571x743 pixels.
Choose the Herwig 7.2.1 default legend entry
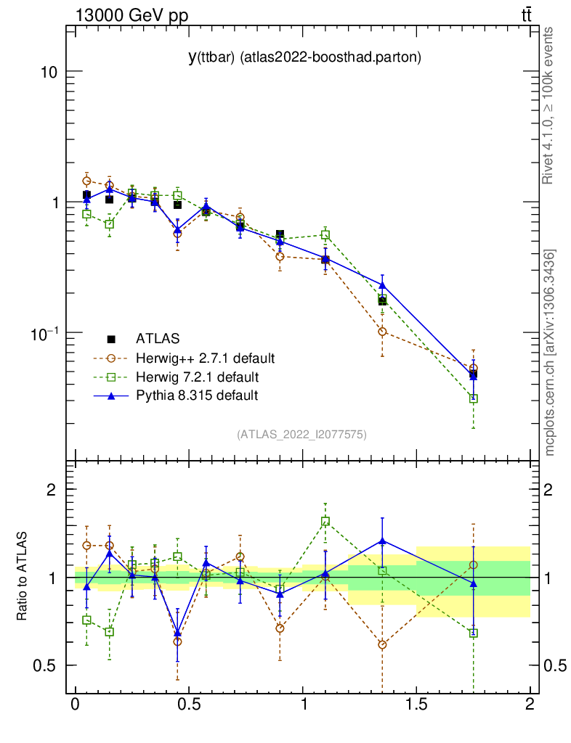(x=197, y=377)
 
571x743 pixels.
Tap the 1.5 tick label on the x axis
(x=416, y=705)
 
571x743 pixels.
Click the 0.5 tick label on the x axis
(x=188, y=705)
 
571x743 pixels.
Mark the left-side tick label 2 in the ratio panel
(x=51, y=489)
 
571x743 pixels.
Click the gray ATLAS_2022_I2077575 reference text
(x=301, y=435)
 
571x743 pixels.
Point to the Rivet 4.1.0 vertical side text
(x=550, y=106)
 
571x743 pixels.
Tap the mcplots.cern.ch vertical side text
(x=550, y=353)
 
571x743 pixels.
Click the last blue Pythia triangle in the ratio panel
(x=474, y=583)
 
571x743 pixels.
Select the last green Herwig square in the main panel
(x=474, y=398)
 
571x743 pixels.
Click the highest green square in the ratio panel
(x=325, y=521)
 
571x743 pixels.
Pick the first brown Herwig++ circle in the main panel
(x=86, y=181)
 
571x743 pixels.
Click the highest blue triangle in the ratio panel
(x=382, y=541)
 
